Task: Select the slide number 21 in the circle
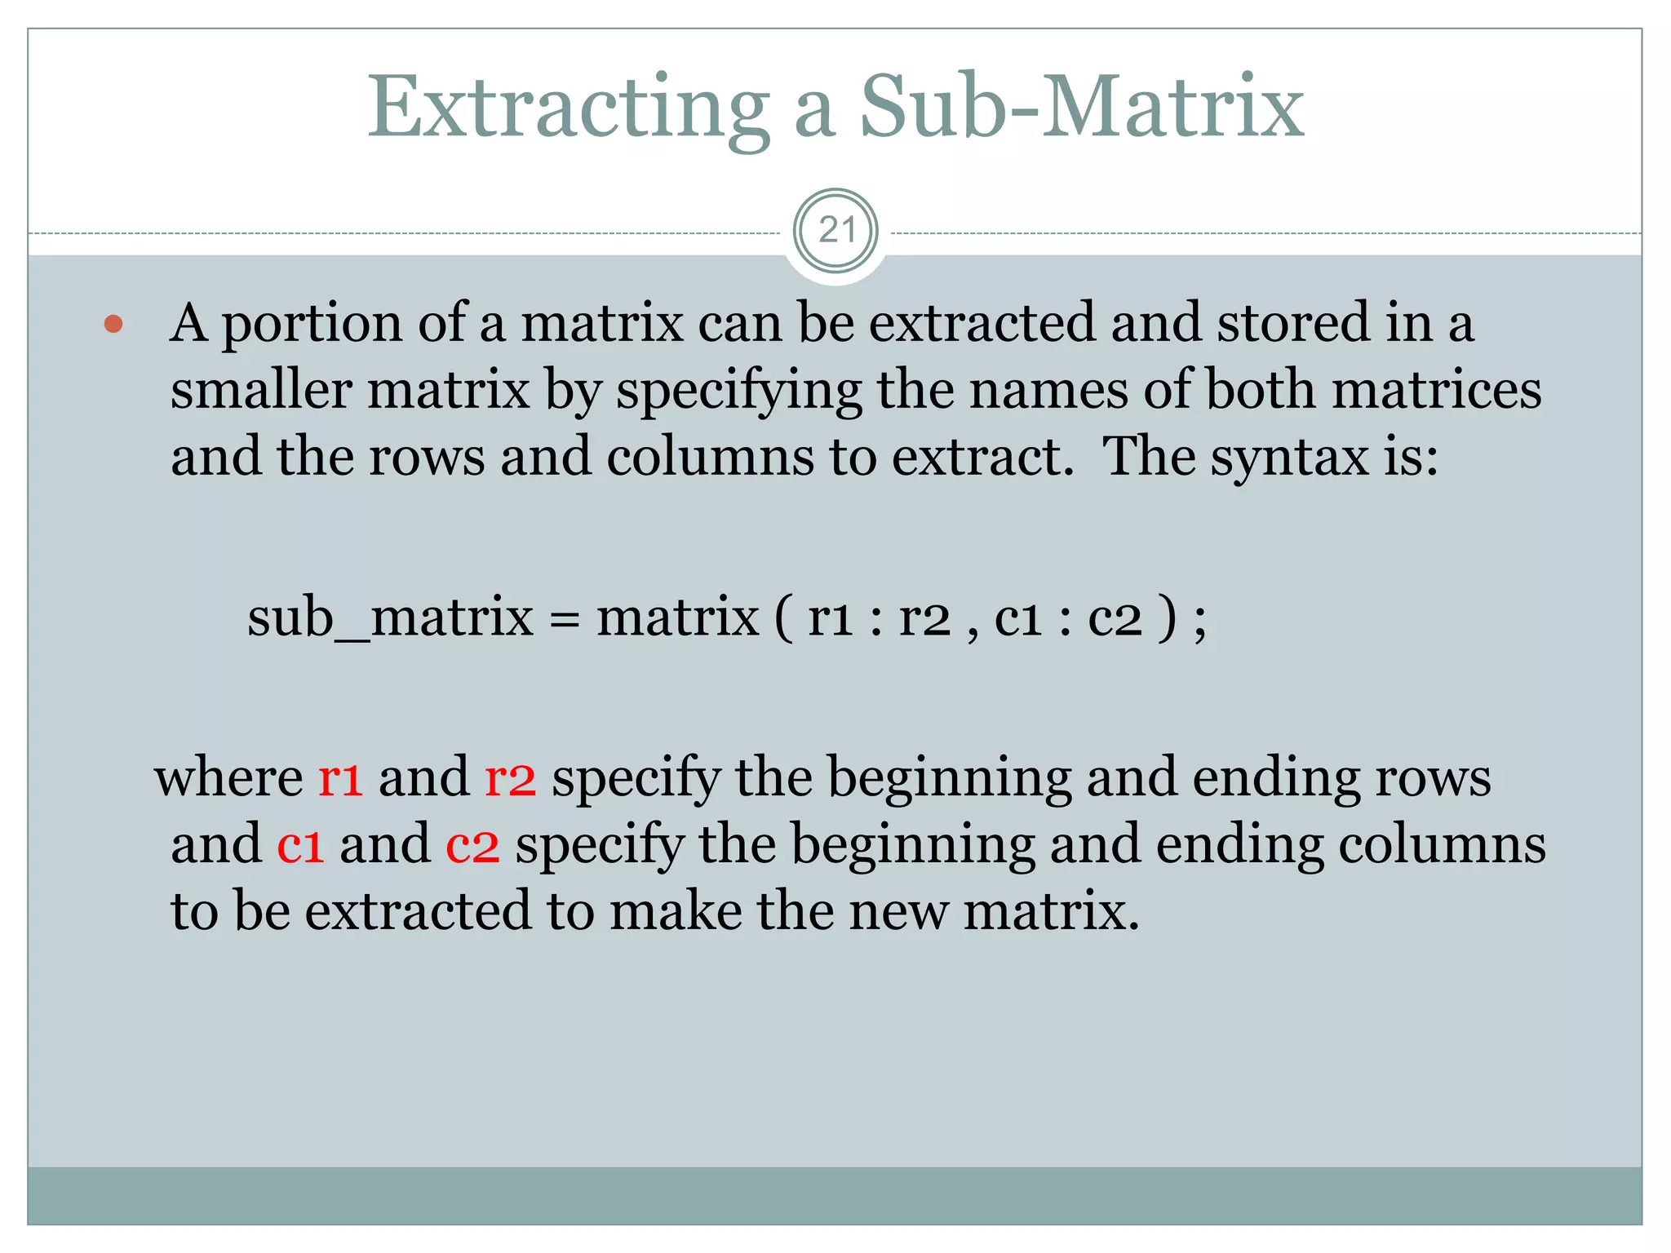(836, 231)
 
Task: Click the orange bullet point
(114, 325)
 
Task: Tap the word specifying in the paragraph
(739, 392)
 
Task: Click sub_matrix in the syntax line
(390, 618)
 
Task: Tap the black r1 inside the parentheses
(830, 618)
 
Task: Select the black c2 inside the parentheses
(1115, 618)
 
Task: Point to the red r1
(340, 778)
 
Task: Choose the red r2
(510, 778)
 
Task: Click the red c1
(300, 845)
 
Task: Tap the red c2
(472, 845)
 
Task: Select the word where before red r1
(228, 777)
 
